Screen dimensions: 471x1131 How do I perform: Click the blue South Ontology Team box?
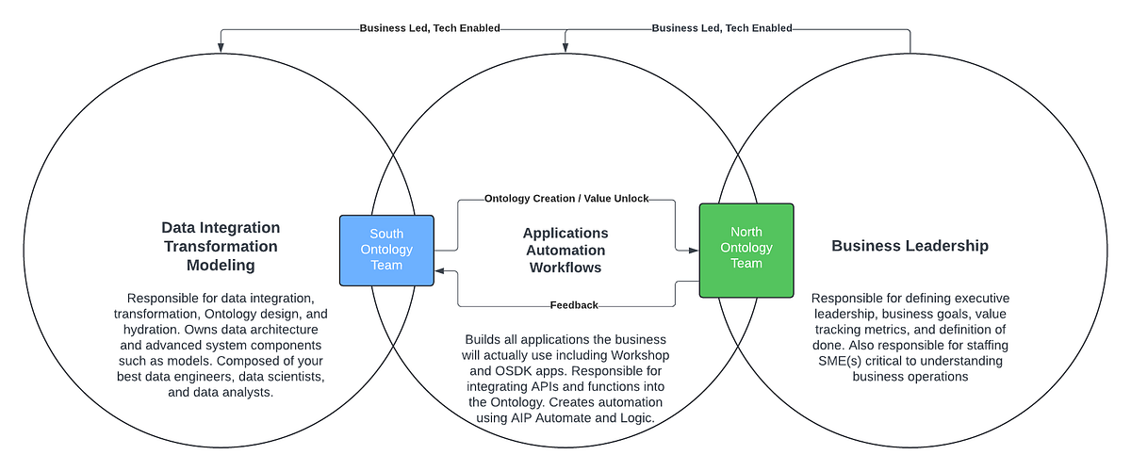click(386, 250)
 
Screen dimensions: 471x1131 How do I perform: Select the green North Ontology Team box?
click(746, 249)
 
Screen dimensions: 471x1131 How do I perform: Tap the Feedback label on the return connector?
click(574, 305)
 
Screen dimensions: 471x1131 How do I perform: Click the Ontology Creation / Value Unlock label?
click(565, 200)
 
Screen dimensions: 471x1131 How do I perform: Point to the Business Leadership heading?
click(910, 246)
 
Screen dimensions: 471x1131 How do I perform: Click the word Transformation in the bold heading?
click(221, 247)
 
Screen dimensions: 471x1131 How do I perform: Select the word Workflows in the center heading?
click(565, 269)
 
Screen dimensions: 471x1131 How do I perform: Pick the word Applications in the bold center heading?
click(565, 233)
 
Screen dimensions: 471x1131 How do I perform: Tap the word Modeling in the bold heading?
click(221, 266)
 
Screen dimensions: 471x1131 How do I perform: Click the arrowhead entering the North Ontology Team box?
click(694, 251)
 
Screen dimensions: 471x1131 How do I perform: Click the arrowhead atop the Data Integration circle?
click(221, 47)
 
